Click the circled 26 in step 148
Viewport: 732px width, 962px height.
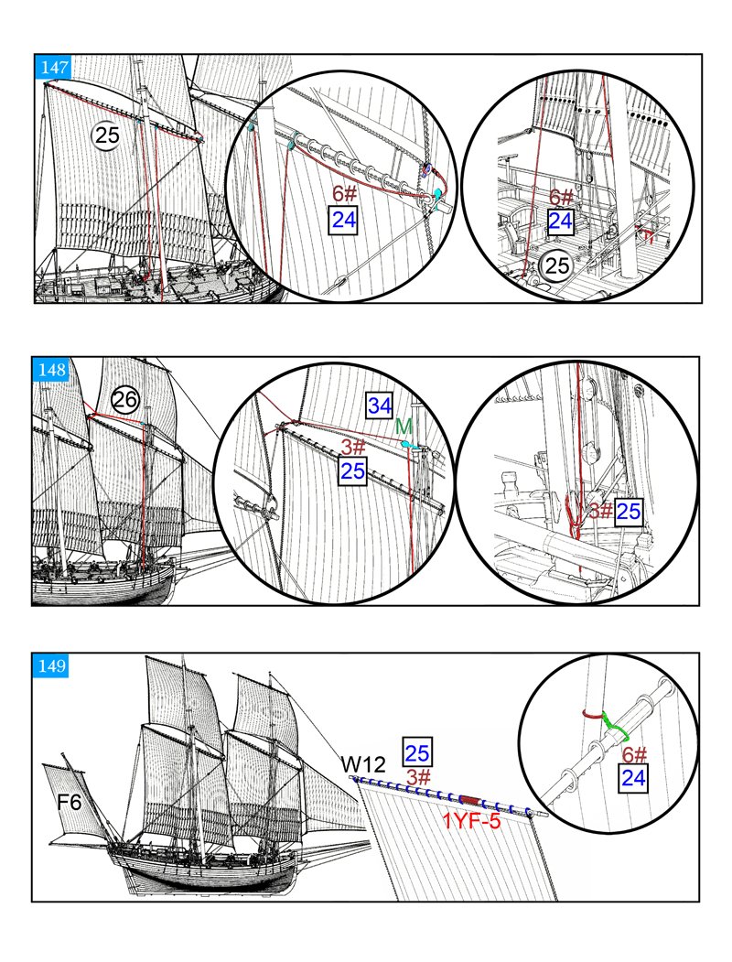[x=125, y=400]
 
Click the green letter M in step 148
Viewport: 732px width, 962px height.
[x=404, y=427]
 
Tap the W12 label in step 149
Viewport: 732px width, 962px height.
[x=359, y=763]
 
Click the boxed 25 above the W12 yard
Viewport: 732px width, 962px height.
[x=417, y=752]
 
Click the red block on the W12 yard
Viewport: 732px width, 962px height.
[x=469, y=800]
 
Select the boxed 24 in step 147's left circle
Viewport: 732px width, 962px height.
[x=344, y=219]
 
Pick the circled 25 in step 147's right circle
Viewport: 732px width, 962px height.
[x=555, y=265]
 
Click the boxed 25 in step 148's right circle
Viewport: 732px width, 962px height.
[x=628, y=513]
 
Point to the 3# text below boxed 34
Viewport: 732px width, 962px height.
[x=353, y=448]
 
